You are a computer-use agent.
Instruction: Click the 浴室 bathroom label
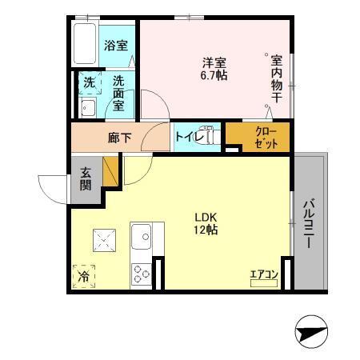115,46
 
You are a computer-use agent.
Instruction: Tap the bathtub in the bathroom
84,45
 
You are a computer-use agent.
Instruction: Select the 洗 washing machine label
89,82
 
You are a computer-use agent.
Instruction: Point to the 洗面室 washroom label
118,92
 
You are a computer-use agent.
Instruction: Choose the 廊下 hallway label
118,138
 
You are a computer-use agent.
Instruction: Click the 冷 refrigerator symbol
83,276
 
